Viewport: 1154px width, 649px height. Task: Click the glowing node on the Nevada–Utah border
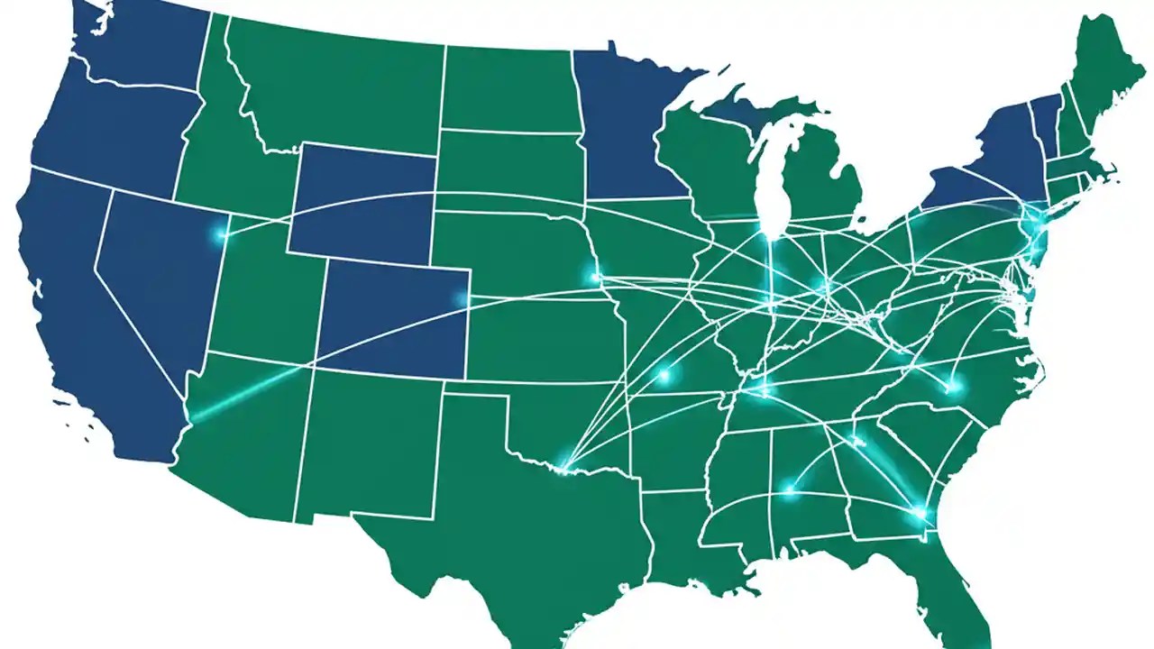[x=221, y=234]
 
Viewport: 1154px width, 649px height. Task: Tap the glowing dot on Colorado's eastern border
[x=463, y=298]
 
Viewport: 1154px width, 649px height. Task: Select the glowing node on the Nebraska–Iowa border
[x=594, y=277]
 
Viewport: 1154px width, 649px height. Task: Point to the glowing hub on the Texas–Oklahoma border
[x=563, y=468]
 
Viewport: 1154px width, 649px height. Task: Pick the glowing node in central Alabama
[x=790, y=491]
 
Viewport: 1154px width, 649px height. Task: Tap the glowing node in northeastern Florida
[x=920, y=514]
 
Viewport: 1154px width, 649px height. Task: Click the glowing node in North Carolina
[x=951, y=388]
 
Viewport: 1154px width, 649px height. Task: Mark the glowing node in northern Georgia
[x=856, y=441]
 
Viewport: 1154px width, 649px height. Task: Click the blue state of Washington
[x=135, y=41]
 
